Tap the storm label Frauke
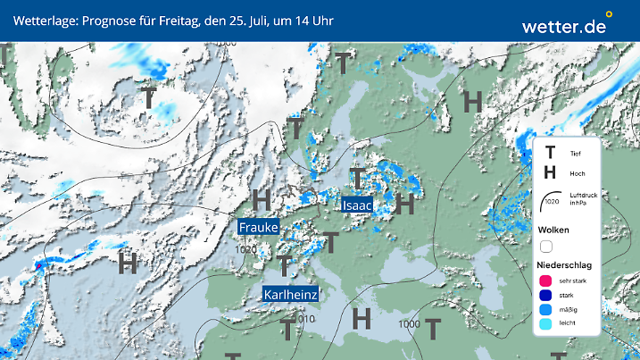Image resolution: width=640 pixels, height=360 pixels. coord(259,228)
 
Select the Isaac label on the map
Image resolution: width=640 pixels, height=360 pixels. coord(357,205)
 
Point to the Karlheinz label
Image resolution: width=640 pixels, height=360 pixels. coord(291,294)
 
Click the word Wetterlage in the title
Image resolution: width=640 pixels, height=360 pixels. coord(45,20)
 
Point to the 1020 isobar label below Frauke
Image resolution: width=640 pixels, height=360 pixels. coord(247,251)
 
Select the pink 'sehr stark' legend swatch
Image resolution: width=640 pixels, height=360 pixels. coord(544,281)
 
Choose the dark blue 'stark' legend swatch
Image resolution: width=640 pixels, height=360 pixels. coord(544,296)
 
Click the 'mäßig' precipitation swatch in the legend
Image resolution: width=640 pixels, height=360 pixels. coord(544,310)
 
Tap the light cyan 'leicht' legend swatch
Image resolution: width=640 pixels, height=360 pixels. coord(544,325)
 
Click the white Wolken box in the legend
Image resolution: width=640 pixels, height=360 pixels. coord(546,247)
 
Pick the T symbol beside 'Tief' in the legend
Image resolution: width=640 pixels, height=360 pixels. coord(550,154)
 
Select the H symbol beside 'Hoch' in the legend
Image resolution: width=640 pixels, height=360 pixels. coord(550,173)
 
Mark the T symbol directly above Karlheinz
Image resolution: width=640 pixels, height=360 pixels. coord(285,265)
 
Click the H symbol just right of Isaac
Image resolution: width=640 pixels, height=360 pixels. coord(406,204)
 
